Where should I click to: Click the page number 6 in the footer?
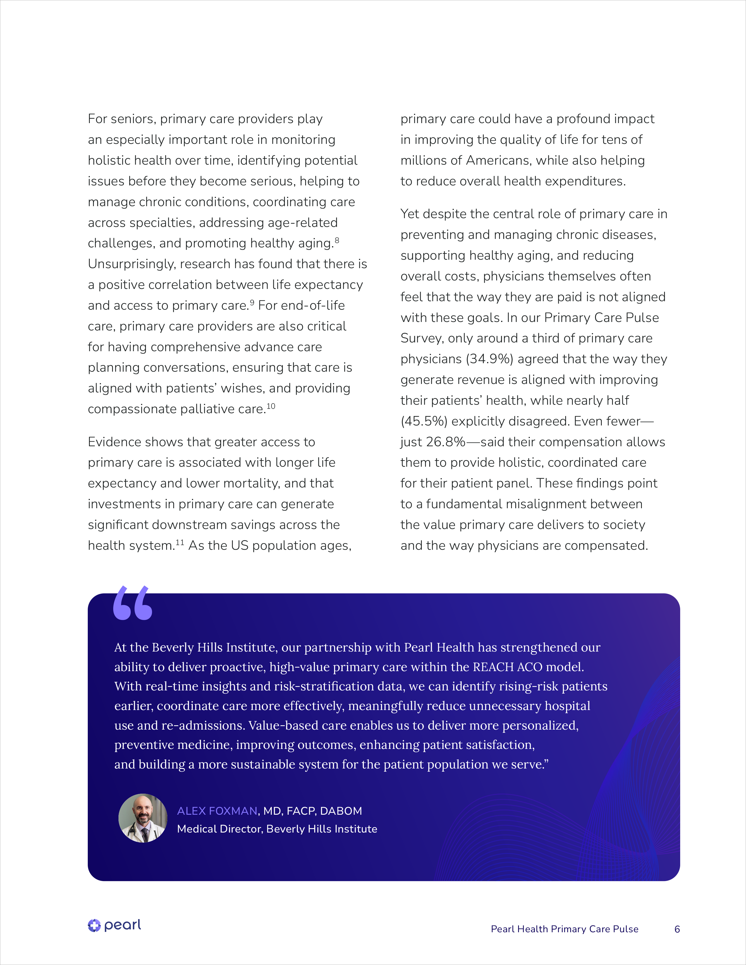click(677, 929)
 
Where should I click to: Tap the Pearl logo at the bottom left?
click(114, 925)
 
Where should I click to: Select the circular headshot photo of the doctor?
click(143, 818)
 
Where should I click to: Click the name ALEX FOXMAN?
click(217, 811)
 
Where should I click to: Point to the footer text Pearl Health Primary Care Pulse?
click(564, 929)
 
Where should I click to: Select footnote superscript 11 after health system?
click(180, 542)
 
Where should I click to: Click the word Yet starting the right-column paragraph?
click(410, 214)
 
